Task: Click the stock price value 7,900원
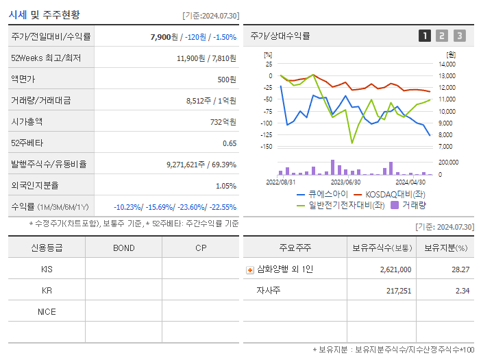click(x=164, y=37)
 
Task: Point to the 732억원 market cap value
click(x=222, y=121)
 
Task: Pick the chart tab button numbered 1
click(x=425, y=36)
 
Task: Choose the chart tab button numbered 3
click(x=459, y=36)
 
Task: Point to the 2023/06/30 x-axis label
click(x=345, y=182)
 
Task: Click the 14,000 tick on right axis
click(x=445, y=64)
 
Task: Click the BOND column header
click(x=123, y=248)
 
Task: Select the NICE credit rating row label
click(x=47, y=311)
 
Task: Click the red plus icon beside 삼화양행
click(x=250, y=270)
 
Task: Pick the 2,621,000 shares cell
click(x=395, y=270)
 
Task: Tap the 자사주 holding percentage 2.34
click(x=461, y=291)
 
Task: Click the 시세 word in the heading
click(x=17, y=14)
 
